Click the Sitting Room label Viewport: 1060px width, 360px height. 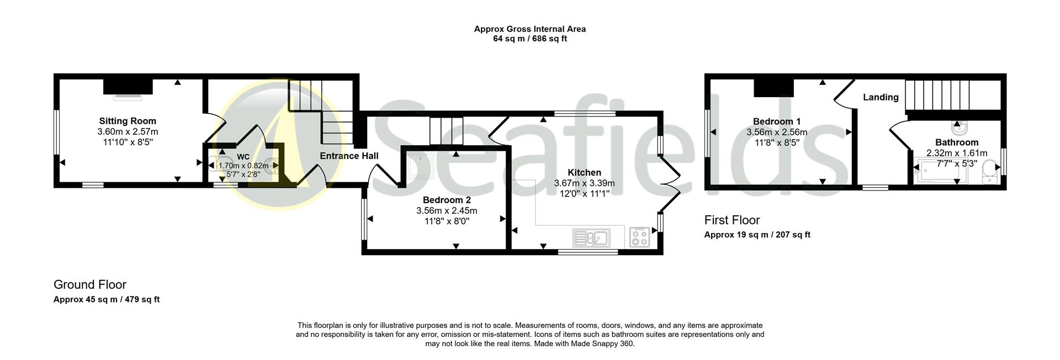(x=128, y=121)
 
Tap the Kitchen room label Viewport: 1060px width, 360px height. (x=584, y=173)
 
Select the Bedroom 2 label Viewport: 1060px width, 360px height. (x=447, y=200)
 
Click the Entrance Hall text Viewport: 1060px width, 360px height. (x=349, y=156)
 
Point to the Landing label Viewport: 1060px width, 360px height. (x=881, y=97)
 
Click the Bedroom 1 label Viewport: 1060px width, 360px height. (x=777, y=121)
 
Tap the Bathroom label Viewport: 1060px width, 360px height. (x=957, y=142)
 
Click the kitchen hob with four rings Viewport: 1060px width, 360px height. (x=640, y=237)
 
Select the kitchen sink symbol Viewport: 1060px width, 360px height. (x=591, y=238)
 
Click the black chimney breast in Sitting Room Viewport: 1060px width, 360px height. (x=128, y=87)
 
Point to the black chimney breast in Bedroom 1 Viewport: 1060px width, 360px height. (x=774, y=87)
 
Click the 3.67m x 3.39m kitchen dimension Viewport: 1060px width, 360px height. (x=584, y=183)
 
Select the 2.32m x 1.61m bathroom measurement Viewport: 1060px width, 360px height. (x=957, y=153)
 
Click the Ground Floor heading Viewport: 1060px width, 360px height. (x=90, y=285)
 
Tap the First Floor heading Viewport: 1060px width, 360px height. (x=732, y=220)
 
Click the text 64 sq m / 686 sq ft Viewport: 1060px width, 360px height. (x=529, y=39)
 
